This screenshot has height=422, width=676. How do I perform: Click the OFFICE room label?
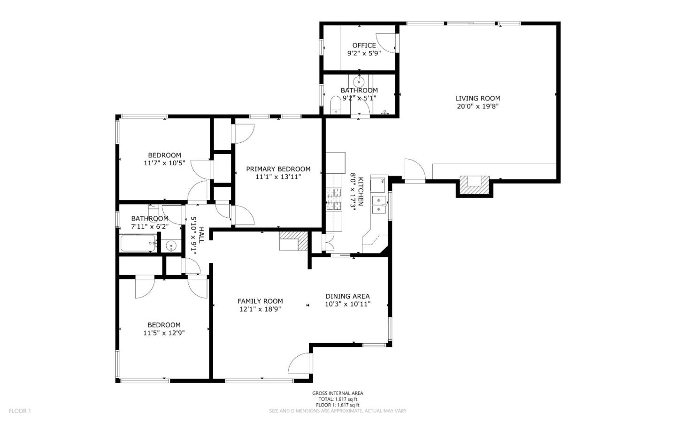point(364,46)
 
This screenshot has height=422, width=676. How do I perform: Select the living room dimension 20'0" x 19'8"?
point(477,107)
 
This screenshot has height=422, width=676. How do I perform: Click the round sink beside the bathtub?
point(171,245)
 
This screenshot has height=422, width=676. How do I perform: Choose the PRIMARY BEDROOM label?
point(278,169)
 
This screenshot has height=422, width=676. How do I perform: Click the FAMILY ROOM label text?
point(260,301)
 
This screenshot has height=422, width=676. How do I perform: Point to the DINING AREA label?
point(347,296)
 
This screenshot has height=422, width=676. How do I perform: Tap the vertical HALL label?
point(201,235)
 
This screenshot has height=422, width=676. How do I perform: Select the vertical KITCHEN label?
point(361,191)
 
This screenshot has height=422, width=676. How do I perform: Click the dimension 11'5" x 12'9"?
point(164,333)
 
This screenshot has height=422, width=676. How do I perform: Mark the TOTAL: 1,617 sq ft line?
point(338,399)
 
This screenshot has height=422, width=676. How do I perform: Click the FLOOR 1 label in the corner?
point(20,411)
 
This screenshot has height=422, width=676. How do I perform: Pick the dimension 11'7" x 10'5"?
point(164,163)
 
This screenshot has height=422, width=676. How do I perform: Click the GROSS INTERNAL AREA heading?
point(338,393)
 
